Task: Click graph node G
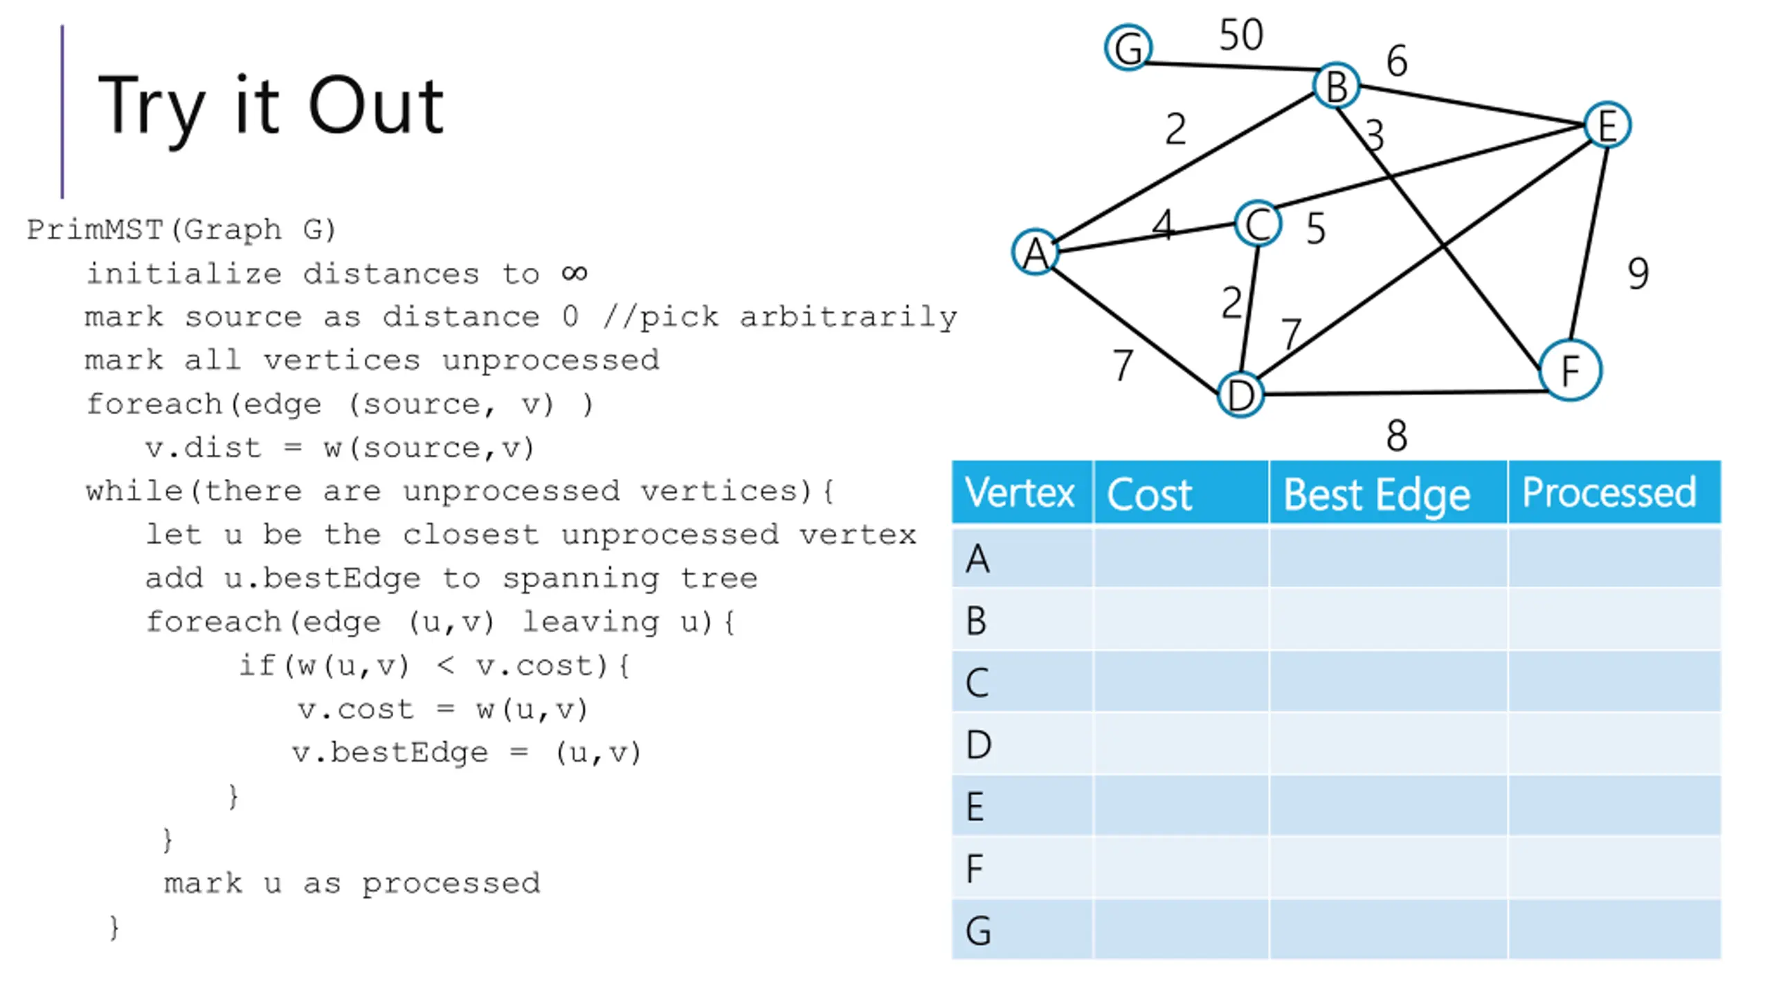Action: [x=1128, y=48]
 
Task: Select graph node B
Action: [x=1336, y=86]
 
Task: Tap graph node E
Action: [x=1607, y=125]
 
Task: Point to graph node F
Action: [x=1571, y=370]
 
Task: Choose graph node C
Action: [x=1258, y=224]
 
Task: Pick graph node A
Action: [x=1036, y=252]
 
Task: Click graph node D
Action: [x=1240, y=395]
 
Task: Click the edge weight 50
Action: [x=1241, y=35]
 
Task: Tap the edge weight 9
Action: [x=1638, y=273]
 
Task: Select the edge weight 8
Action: [x=1397, y=436]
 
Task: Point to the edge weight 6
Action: [x=1397, y=61]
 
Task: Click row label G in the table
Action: [x=978, y=931]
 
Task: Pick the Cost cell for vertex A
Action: [x=1181, y=557]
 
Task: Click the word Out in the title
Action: [x=376, y=106]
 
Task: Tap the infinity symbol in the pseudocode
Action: [x=575, y=273]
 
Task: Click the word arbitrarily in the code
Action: [x=849, y=318]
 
